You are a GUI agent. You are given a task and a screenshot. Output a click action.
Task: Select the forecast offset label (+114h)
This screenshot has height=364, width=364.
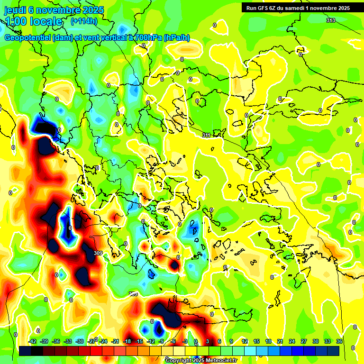coord(84,21)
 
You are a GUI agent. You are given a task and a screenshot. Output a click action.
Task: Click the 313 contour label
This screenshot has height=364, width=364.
coord(330,20)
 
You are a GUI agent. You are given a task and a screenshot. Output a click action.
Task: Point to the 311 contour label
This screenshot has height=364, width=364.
coord(206,136)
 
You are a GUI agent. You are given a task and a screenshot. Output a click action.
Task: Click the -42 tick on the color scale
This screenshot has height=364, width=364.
coord(33,341)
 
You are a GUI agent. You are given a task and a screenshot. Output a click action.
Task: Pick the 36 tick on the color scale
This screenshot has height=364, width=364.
coord(339,341)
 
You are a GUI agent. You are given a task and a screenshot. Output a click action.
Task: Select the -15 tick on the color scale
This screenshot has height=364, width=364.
coord(139,341)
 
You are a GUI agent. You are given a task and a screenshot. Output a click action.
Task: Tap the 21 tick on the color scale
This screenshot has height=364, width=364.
coord(280,341)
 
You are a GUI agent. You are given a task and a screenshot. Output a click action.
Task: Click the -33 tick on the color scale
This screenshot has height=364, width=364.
coord(68,341)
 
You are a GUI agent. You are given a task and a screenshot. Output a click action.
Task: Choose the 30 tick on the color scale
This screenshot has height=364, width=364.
coord(316,341)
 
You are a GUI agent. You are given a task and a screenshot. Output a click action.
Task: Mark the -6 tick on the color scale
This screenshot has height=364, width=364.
coord(173,341)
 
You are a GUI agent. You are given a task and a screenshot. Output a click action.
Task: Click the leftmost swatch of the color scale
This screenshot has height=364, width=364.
coord(25,351)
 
